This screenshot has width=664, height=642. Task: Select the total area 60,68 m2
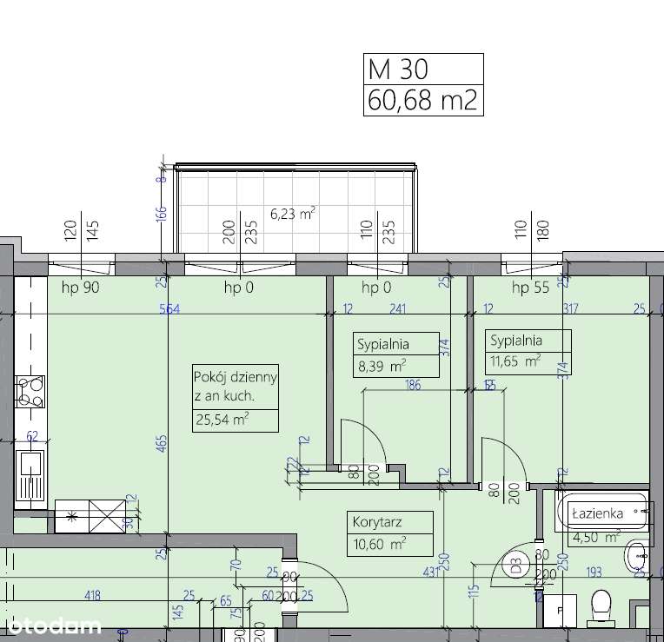coord(422,100)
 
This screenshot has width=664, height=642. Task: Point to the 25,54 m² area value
coord(222,420)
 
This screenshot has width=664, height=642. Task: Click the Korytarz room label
coord(378,523)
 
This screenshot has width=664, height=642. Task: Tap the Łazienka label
coord(597,513)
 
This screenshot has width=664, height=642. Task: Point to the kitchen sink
coord(30,474)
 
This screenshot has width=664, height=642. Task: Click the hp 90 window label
coord(79,288)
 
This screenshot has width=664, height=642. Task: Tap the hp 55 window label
coord(530,288)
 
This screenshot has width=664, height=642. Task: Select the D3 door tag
coord(516,567)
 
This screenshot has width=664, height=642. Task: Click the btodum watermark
coord(52,625)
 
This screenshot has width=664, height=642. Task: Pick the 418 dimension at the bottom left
coord(93,596)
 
